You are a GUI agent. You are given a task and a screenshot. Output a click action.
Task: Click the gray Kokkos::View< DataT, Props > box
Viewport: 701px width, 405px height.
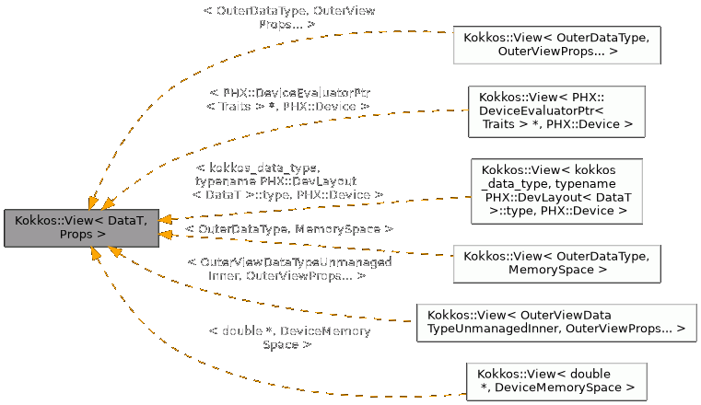(x=82, y=227)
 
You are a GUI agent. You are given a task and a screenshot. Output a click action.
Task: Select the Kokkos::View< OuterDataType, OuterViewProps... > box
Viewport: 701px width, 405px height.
(x=556, y=45)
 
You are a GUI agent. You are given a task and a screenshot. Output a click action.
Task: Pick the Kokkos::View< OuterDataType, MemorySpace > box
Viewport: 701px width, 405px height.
(x=556, y=262)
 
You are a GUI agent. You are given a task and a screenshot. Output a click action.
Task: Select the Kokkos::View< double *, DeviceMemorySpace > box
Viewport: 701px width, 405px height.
(x=556, y=381)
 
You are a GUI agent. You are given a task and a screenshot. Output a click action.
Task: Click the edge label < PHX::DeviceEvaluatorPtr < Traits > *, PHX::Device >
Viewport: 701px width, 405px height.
(x=288, y=100)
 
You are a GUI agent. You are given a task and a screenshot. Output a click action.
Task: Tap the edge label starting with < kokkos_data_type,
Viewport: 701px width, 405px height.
(x=287, y=181)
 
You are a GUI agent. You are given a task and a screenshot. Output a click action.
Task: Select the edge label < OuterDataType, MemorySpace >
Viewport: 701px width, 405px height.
(x=289, y=227)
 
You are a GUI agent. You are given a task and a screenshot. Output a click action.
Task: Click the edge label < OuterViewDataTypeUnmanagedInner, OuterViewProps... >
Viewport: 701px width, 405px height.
(x=288, y=269)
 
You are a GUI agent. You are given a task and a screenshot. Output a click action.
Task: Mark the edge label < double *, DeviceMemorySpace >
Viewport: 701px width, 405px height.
(x=288, y=337)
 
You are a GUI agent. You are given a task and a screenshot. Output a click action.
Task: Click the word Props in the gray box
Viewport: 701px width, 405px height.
(x=76, y=235)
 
